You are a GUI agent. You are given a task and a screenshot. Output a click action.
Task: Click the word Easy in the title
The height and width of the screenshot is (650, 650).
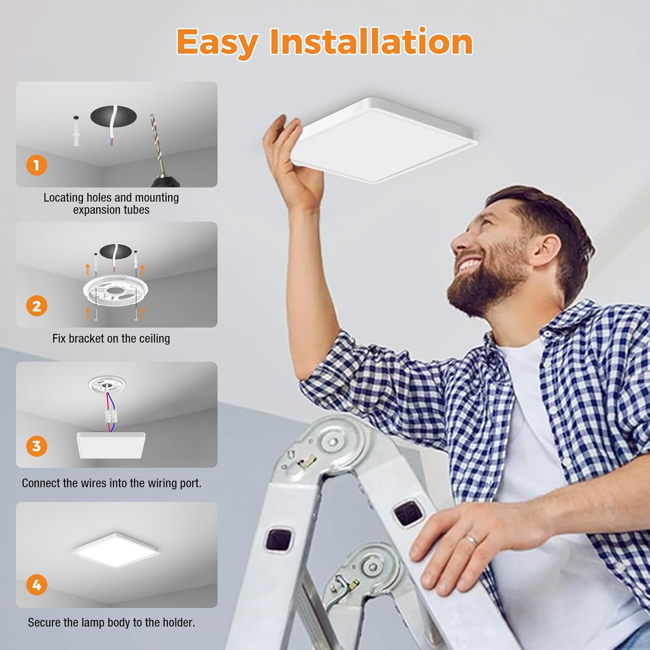click(217, 42)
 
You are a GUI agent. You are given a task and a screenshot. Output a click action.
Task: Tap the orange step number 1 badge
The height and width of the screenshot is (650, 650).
click(36, 165)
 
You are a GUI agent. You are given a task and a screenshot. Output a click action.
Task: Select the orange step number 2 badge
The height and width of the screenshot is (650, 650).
click(36, 305)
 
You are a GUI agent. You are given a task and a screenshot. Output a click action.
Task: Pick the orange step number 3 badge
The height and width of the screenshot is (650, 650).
click(36, 446)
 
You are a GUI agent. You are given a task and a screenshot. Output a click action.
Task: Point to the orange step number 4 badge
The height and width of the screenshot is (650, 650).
click(36, 585)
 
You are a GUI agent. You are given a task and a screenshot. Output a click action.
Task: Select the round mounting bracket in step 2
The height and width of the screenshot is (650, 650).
click(115, 291)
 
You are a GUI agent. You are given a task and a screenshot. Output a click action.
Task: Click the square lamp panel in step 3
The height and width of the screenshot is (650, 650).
click(111, 445)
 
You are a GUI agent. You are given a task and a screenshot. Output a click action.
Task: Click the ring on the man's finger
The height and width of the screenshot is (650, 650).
click(471, 540)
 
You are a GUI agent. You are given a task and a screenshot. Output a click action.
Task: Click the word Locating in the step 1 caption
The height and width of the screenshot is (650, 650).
click(63, 198)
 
